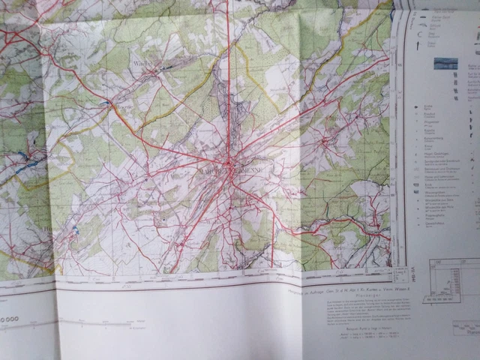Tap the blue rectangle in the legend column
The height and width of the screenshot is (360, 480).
point(446,63)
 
